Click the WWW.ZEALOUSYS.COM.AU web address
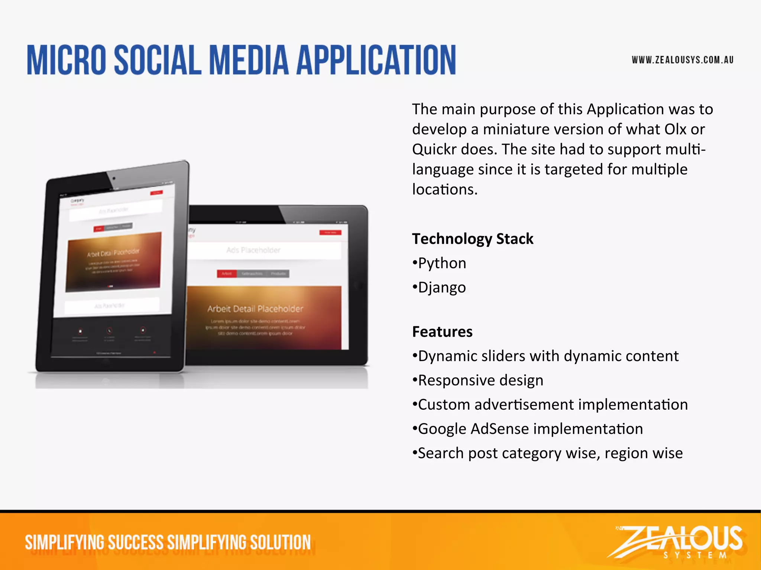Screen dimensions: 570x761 683,60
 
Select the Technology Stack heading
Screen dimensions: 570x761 473,239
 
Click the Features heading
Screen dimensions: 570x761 442,331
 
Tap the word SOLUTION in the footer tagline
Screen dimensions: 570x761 280,543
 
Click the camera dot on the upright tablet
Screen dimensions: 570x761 114,178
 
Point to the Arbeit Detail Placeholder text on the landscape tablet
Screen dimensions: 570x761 255,309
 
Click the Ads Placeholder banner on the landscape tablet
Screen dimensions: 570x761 254,250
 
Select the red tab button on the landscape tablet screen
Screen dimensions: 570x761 227,273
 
